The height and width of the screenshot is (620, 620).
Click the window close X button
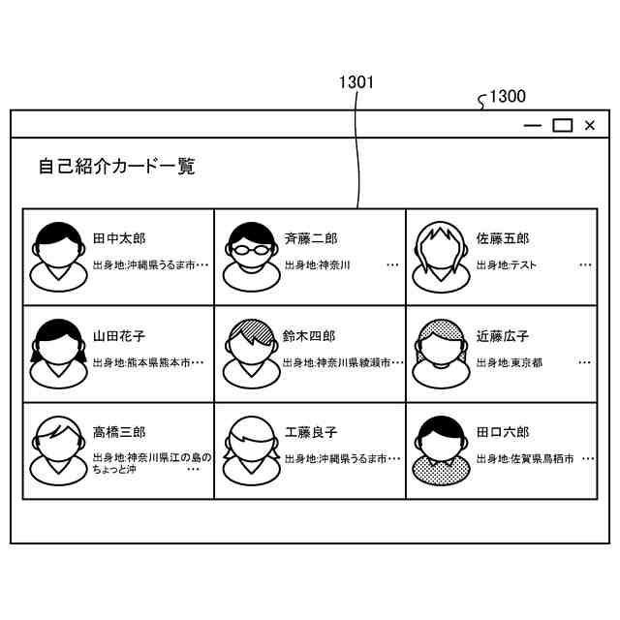(589, 125)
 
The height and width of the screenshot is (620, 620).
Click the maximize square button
(562, 125)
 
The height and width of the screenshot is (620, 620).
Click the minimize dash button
(532, 125)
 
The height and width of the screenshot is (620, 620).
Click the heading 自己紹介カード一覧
(116, 167)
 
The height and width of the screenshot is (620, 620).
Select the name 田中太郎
(119, 238)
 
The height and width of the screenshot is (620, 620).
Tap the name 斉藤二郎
(311, 238)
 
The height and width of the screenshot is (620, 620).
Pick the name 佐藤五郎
(503, 238)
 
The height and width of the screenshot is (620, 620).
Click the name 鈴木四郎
(309, 336)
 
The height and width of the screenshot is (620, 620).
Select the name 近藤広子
(503, 336)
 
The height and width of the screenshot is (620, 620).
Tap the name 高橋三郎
(119, 432)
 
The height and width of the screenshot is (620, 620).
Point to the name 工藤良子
(311, 432)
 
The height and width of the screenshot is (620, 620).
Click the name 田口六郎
(503, 432)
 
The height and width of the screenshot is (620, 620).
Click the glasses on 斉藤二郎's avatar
(251, 248)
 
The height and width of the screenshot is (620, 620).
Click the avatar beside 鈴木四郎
(251, 354)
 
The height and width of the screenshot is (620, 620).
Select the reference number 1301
(356, 83)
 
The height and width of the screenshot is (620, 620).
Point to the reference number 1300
(508, 96)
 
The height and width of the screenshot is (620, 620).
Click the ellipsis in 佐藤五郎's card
(585, 263)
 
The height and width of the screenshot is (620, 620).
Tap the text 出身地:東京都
(509, 362)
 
